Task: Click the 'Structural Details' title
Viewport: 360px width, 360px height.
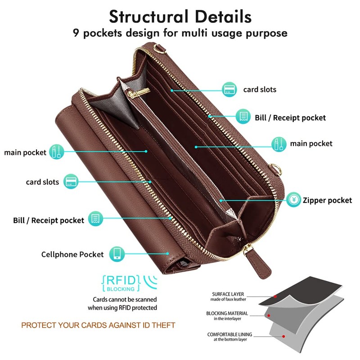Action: coord(180,16)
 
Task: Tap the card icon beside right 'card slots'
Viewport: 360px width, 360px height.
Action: coord(230,89)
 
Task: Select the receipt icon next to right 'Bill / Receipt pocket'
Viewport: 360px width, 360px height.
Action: coord(243,117)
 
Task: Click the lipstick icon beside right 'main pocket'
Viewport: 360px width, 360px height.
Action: coord(278,144)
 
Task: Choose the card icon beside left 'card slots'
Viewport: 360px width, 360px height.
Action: coord(71,182)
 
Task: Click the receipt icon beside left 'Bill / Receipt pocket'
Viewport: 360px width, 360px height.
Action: coord(95,220)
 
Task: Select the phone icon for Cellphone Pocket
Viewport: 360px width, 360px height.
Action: coord(117,254)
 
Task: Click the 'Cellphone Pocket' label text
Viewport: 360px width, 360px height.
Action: coord(72,255)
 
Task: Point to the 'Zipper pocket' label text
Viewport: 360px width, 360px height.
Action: coord(327,200)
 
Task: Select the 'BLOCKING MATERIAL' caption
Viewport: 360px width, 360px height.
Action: coord(226,313)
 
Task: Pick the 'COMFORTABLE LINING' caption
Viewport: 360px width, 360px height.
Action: coord(229,334)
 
